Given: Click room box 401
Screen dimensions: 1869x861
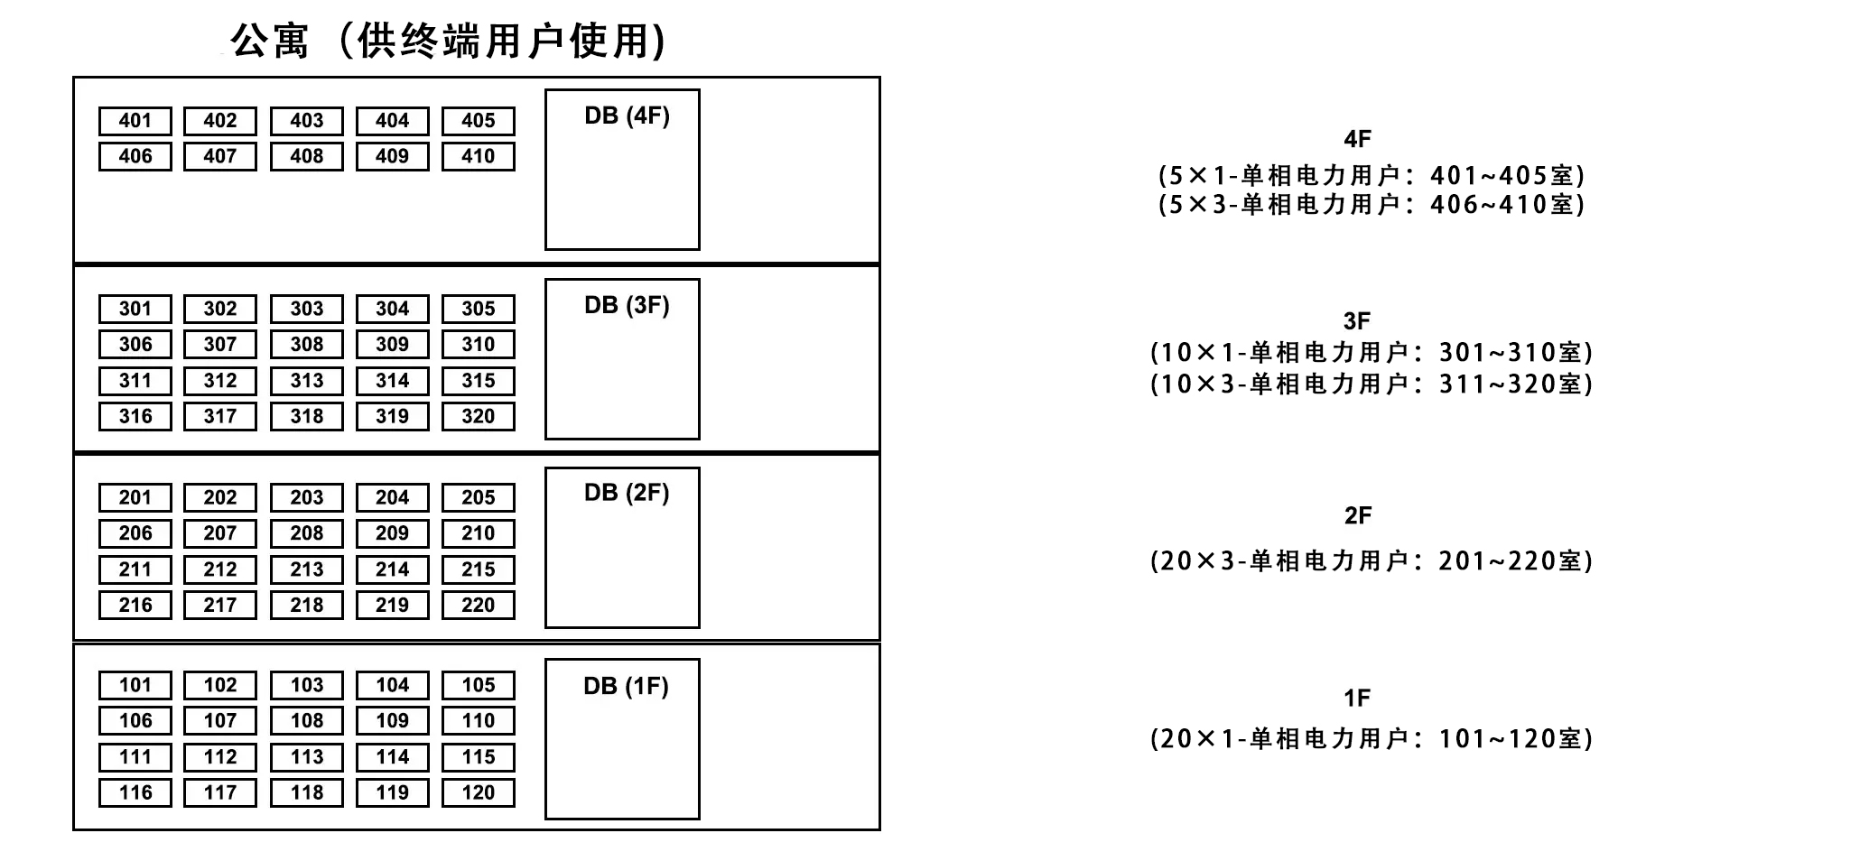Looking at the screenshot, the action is (x=135, y=121).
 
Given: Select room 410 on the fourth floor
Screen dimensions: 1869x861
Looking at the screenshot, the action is (x=479, y=157).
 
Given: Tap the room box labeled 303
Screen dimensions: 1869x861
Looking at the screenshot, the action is (x=307, y=309).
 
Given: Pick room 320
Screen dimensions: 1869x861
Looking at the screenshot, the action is (x=479, y=417).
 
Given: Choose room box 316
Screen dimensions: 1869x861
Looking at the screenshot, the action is (x=135, y=417).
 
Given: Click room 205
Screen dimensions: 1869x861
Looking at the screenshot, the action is (x=479, y=498).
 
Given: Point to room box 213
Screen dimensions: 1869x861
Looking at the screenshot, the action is (x=307, y=569).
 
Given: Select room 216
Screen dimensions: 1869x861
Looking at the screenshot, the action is (x=135, y=606).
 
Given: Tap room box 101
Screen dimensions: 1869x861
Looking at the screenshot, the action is (x=135, y=685).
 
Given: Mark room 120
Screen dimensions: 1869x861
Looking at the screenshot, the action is (x=479, y=793).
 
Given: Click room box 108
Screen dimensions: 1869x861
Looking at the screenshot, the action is (x=307, y=721).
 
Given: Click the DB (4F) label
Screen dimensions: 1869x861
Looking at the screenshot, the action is (x=627, y=116).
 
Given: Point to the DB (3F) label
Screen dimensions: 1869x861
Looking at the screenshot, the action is (x=627, y=305).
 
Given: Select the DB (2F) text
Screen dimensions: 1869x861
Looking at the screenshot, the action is (x=627, y=493).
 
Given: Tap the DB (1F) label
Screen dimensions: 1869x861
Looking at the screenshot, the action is (x=626, y=686).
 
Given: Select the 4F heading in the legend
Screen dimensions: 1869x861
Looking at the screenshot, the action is (x=1357, y=139).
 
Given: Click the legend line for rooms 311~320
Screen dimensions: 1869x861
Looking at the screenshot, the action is (x=1372, y=384).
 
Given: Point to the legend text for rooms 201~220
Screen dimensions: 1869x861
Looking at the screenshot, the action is (x=1372, y=561).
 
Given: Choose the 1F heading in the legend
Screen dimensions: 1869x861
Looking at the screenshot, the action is (x=1357, y=698).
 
